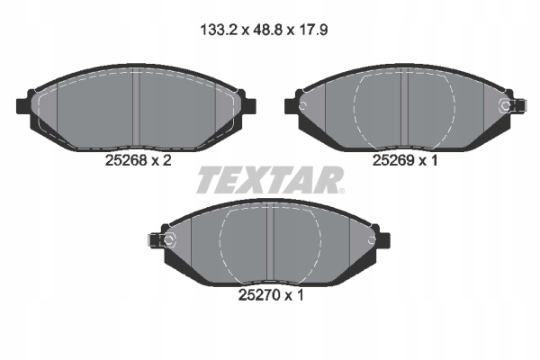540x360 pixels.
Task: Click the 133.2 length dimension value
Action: [219, 31]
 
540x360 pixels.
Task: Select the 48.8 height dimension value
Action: [267, 31]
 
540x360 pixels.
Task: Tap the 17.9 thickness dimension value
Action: [312, 31]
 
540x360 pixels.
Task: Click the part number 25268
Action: [126, 160]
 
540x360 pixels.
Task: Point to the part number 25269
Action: [393, 160]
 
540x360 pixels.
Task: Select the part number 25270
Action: [260, 295]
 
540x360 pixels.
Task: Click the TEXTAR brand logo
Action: [270, 180]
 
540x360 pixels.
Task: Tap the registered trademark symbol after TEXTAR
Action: [341, 191]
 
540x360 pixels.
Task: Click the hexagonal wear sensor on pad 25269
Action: [505, 106]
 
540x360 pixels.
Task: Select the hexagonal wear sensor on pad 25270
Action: [169, 240]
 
